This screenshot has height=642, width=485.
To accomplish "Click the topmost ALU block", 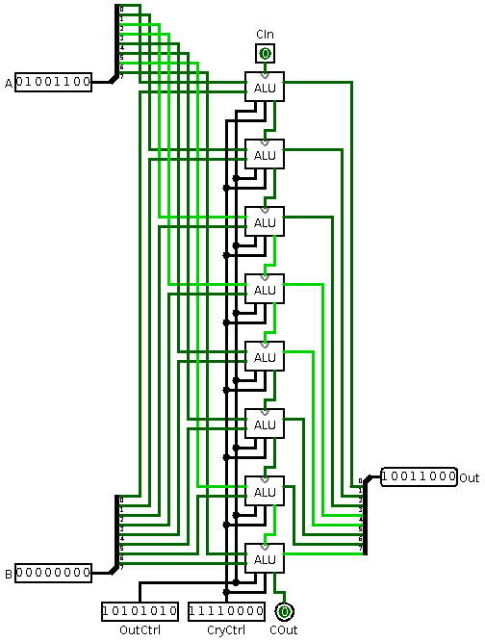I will pos(265,87).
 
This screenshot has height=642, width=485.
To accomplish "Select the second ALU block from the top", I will pos(265,154).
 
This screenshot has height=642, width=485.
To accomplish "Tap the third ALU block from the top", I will pos(265,221).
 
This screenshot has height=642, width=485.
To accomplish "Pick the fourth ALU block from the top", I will pos(265,289).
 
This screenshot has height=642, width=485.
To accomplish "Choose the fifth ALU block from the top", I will pos(265,356).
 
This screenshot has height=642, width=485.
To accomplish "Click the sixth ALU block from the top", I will pos(265,424).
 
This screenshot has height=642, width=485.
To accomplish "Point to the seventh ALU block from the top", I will pos(265,491).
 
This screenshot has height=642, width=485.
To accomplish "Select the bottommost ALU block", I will pos(265,558).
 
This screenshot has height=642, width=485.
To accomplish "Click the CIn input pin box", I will pos(265,53).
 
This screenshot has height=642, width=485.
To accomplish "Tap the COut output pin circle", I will pos(284,611).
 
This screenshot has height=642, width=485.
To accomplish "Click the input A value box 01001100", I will pos(54,83).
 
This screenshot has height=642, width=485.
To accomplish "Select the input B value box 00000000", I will pos(54,574).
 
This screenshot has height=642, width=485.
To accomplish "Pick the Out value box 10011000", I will pos(419,477).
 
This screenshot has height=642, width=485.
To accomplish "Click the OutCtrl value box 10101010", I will pos(140,611).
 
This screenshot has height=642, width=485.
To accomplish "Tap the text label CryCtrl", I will pos(226,630).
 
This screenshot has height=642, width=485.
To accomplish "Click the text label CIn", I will pos(265,34).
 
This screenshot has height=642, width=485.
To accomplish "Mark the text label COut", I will pos(284,630).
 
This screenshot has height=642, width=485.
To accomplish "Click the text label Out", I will pos(470,478).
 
